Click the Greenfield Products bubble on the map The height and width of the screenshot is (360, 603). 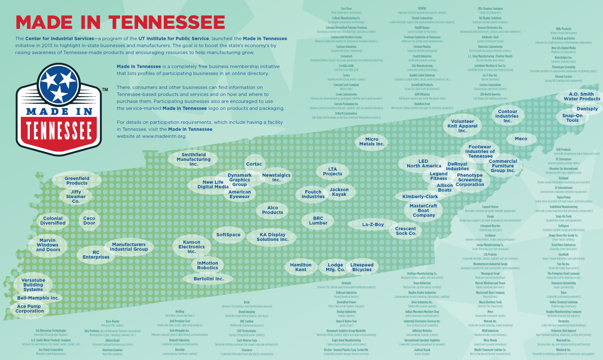(x=77, y=180)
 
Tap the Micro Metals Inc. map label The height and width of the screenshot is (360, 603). (x=372, y=142)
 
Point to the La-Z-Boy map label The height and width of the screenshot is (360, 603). (x=373, y=225)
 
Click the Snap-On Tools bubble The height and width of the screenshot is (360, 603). (x=572, y=118)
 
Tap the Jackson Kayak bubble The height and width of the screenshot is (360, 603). (x=339, y=192)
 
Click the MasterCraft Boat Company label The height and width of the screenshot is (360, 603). (x=424, y=210)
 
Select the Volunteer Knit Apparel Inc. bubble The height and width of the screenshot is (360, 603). (x=462, y=126)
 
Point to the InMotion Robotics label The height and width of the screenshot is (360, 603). (x=208, y=266)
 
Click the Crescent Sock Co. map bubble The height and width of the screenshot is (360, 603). (x=406, y=231)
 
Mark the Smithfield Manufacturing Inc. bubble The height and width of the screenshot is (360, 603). (x=194, y=159)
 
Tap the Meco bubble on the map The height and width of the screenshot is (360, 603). (x=521, y=139)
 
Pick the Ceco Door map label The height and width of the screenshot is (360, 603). (x=89, y=220)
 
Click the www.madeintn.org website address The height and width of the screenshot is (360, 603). (x=164, y=136)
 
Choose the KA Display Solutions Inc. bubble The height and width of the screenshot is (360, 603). (x=273, y=237)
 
